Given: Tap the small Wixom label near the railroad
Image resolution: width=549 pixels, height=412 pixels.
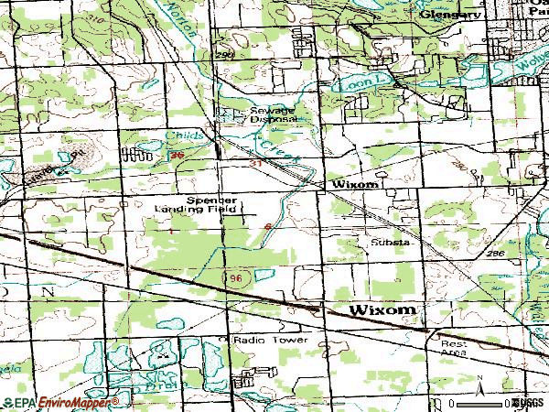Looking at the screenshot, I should (354, 184).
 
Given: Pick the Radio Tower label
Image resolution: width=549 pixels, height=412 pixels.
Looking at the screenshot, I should (265, 340).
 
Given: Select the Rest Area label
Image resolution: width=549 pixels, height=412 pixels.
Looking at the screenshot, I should (454, 349).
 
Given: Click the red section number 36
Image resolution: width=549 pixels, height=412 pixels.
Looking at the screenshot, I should (178, 157).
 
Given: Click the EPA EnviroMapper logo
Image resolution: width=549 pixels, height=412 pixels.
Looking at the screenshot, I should (60, 403).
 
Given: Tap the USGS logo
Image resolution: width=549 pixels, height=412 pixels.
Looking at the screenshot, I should (528, 403).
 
